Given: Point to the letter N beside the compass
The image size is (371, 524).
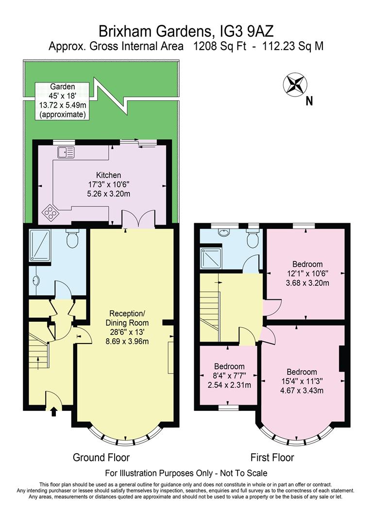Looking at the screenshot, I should [x=309, y=101].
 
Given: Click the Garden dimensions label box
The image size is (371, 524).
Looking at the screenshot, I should [x=62, y=100].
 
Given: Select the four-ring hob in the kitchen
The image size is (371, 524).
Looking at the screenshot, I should [x=51, y=212].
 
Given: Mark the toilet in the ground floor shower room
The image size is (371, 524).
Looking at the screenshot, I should [x=72, y=239].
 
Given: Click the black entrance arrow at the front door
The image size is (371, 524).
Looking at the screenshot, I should [x=53, y=411].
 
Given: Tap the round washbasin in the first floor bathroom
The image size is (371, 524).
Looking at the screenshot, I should [x=224, y=232].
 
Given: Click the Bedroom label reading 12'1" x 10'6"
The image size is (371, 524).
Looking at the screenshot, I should [x=305, y=273].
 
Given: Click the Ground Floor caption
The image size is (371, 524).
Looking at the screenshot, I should [x=101, y=457].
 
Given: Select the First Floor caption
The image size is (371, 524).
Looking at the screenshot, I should [x=272, y=457].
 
